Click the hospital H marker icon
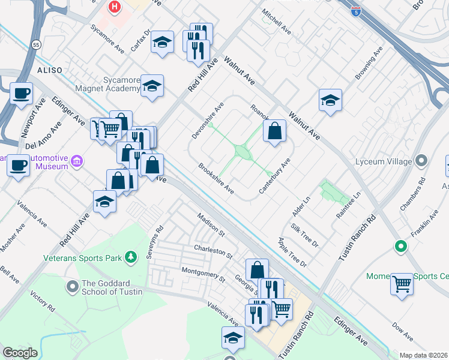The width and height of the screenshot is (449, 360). (114, 7)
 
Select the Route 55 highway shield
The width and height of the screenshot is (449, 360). (37, 45)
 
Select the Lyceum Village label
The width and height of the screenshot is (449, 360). (382, 161)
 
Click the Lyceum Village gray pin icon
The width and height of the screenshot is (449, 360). (421, 160)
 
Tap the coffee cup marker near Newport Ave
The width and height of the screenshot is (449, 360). (21, 94)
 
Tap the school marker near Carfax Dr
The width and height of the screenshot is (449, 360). (162, 43)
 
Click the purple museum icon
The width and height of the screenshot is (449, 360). (77, 161)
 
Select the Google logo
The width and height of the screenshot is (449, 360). (19, 353)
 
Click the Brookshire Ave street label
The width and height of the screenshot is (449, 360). (216, 178)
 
